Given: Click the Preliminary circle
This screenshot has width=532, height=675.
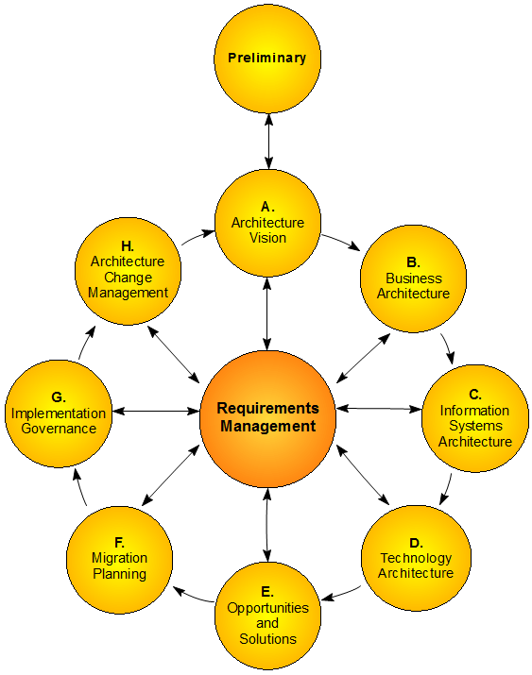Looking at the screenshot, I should [267, 59].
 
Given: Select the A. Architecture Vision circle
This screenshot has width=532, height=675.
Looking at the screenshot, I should [267, 223].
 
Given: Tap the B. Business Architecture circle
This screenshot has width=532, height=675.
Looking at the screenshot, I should [413, 278].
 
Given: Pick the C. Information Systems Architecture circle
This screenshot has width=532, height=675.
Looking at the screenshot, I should [475, 418].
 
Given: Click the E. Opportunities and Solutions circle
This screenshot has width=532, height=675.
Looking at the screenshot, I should [267, 615].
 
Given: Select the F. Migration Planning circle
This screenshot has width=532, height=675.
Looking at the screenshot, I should [119, 558].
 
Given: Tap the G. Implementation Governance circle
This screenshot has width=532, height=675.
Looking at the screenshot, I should [59, 413].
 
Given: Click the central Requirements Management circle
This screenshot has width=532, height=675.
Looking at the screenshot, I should [267, 417].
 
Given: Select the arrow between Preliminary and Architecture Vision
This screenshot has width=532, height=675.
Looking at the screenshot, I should [268, 141].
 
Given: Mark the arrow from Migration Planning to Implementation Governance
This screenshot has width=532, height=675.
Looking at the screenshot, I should [79, 488].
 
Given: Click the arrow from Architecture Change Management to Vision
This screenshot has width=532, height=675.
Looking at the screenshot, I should [197, 237].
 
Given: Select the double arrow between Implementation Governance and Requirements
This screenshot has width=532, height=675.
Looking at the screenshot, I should [156, 411].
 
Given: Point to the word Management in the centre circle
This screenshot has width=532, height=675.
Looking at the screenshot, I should [267, 426].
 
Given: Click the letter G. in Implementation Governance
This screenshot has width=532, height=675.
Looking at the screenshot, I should [59, 397].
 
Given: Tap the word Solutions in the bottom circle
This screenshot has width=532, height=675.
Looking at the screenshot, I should [267, 639].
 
